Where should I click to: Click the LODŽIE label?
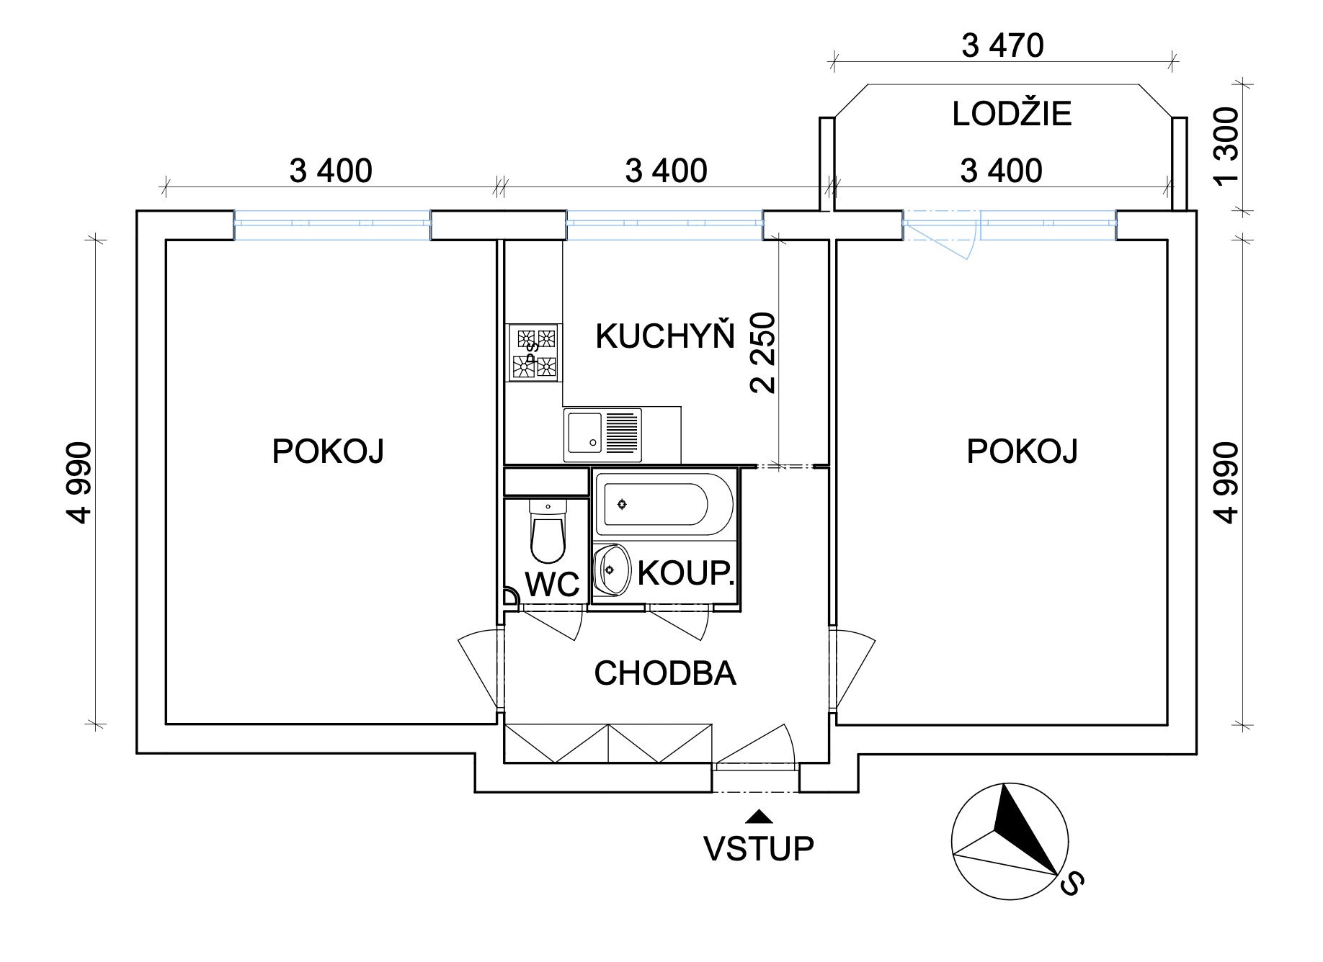click(x=1012, y=114)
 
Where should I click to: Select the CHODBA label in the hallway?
click(x=665, y=673)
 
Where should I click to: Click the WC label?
click(x=553, y=585)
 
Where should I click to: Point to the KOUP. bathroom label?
click(x=686, y=574)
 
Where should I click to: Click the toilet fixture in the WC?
click(x=548, y=531)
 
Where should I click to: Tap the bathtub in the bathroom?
click(x=664, y=504)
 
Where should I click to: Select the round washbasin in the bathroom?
click(x=612, y=570)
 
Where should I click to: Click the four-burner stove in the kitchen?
click(x=534, y=352)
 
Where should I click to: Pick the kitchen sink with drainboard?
click(x=603, y=435)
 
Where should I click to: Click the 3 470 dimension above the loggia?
click(x=1002, y=46)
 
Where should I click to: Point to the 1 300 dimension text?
click(x=1226, y=145)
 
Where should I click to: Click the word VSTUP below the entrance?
click(x=759, y=849)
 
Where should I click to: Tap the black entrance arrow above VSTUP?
click(x=759, y=816)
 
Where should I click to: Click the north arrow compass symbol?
click(x=1010, y=840)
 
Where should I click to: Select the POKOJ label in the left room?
click(x=328, y=451)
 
